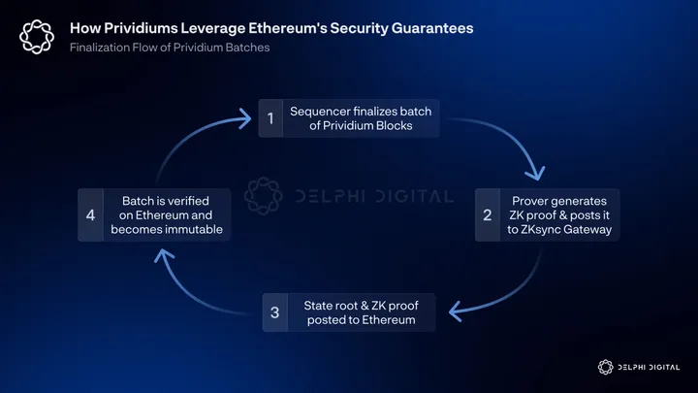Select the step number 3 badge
[276, 311]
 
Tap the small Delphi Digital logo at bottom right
[608, 367]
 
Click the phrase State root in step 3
[323, 305]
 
